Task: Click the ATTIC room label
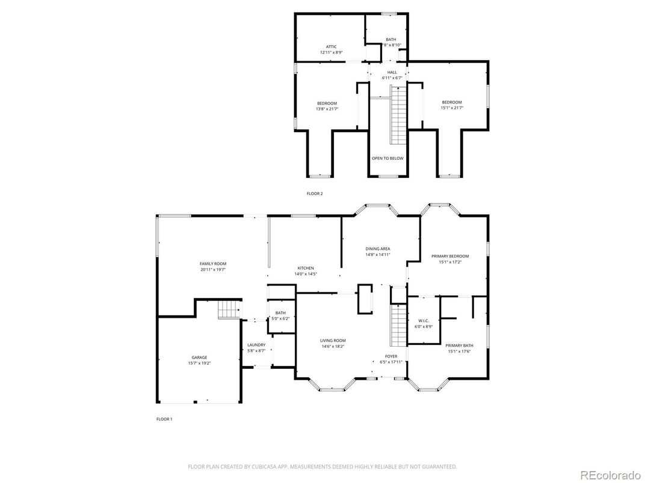click(331, 46)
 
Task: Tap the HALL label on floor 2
click(392, 72)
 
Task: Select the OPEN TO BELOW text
click(387, 158)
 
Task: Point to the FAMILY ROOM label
click(213, 263)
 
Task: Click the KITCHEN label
click(306, 268)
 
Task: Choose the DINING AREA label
click(378, 248)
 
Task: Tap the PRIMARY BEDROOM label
click(450, 256)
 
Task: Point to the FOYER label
click(391, 356)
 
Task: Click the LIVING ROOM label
click(333, 340)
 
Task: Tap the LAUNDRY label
click(256, 345)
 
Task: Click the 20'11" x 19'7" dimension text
click(213, 270)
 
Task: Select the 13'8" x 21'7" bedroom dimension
click(327, 109)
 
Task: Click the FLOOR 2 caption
click(315, 193)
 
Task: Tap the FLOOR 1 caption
click(164, 419)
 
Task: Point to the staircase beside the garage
click(229, 310)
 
